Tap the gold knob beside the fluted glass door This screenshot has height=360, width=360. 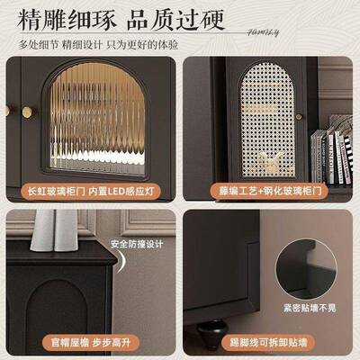27,112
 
